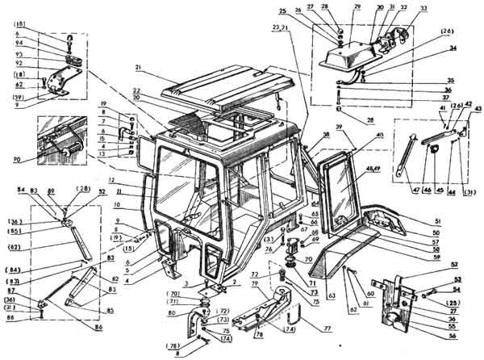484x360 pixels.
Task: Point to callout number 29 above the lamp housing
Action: [x=357, y=6]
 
